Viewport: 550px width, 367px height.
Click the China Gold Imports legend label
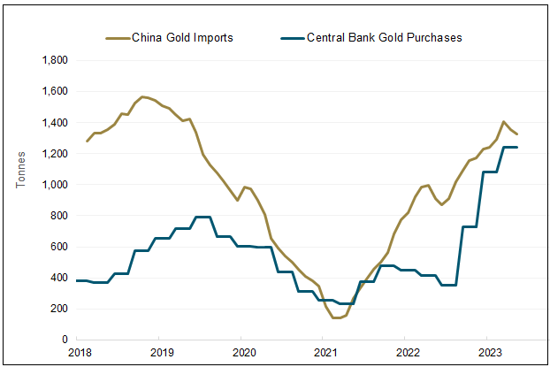(182, 38)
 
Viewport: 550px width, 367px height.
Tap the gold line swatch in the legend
(117, 38)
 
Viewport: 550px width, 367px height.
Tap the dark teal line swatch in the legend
(292, 38)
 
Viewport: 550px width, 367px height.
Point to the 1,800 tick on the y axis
(55, 60)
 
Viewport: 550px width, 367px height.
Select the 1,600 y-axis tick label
(55, 91)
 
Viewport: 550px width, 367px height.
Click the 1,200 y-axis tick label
(55, 154)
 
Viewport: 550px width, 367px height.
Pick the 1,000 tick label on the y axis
(55, 185)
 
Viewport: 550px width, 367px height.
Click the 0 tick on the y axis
(65, 340)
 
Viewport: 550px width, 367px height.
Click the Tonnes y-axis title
(21, 168)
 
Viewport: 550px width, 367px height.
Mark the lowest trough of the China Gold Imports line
(337, 317)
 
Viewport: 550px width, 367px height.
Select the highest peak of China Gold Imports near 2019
(142, 96)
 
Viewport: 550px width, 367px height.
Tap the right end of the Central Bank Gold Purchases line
(516, 148)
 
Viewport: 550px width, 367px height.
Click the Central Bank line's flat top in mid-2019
(202, 217)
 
